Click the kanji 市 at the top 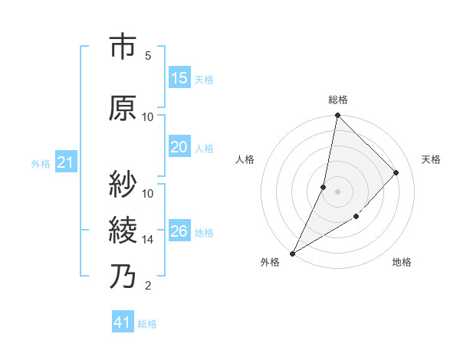[x=123, y=47]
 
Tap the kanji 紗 [x=123, y=184]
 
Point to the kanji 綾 [x=123, y=230]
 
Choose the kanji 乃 [x=123, y=277]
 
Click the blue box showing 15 [x=179, y=78]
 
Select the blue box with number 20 [x=179, y=148]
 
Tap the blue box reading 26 [x=179, y=231]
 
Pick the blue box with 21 [x=65, y=162]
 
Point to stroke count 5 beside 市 [x=148, y=55]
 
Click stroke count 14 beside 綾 [x=148, y=239]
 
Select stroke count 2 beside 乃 [x=148, y=286]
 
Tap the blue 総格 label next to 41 [x=147, y=324]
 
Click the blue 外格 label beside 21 [x=41, y=163]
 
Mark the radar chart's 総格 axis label [x=337, y=100]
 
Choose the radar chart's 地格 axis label [x=402, y=262]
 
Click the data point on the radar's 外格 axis [x=292, y=253]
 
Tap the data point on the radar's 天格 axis [x=396, y=172]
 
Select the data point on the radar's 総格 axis [x=337, y=116]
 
